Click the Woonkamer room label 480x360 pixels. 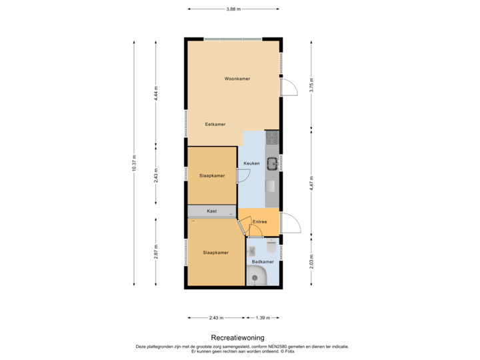pos(237,79)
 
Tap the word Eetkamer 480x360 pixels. pos(215,124)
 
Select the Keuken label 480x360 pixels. pos(251,163)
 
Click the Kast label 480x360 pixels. pos(211,211)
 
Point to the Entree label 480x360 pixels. pos(260,222)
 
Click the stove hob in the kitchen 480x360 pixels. pos(272,138)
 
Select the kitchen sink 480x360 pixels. pos(272,163)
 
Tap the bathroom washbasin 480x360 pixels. pos(251,251)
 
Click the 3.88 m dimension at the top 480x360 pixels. pos(233,9)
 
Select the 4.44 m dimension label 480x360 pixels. pos(155,92)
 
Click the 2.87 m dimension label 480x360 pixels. pos(155,252)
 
